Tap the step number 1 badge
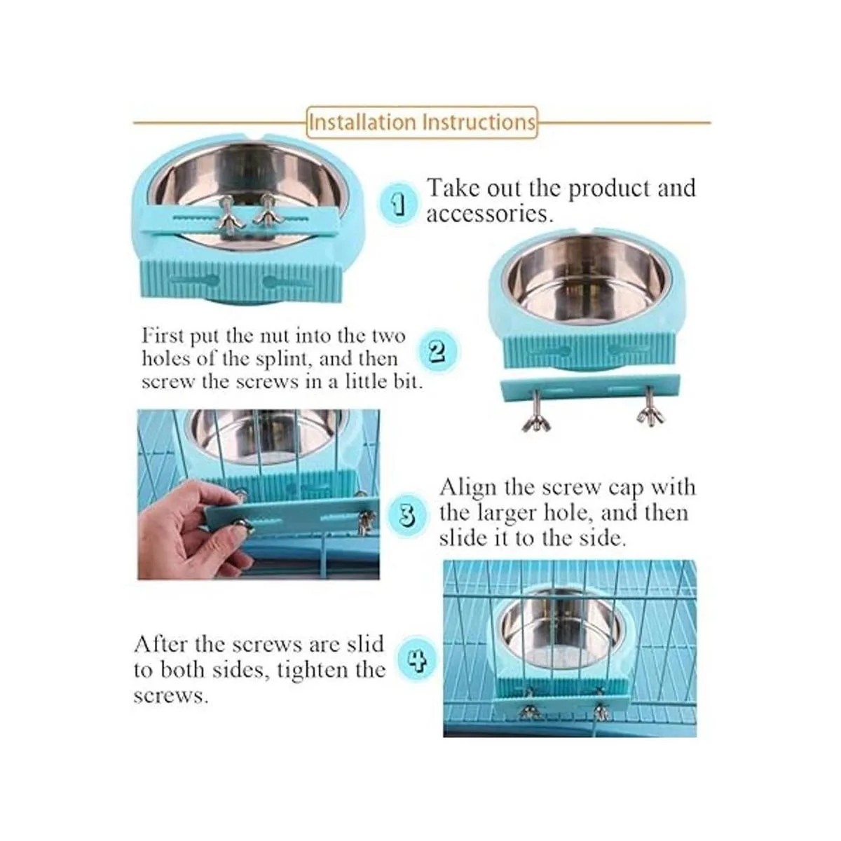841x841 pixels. tap(397, 203)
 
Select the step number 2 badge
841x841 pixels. tap(437, 352)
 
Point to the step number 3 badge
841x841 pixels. tap(406, 515)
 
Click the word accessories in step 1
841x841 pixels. tap(490, 214)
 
